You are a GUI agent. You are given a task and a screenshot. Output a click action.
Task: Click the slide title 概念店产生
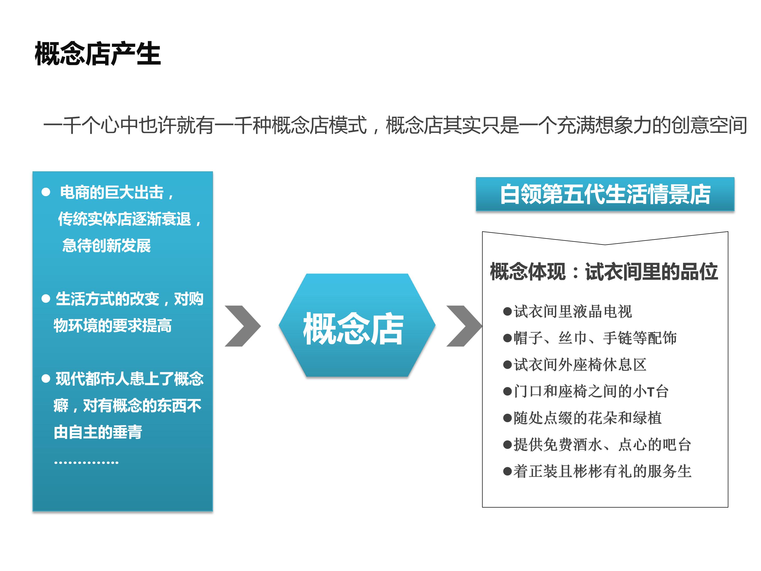(98, 54)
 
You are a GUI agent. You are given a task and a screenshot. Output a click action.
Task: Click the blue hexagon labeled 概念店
(357, 325)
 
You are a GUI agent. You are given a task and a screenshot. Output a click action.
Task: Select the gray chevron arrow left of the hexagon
(243, 326)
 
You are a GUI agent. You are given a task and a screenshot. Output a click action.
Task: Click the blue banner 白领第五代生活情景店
(605, 194)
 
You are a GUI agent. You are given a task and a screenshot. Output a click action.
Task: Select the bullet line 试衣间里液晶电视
(568, 311)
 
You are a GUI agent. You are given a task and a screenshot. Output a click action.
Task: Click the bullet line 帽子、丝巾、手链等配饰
(590, 338)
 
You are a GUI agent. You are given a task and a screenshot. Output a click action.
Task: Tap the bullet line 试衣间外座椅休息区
(575, 365)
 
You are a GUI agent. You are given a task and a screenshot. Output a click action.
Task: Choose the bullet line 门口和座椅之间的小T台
(586, 391)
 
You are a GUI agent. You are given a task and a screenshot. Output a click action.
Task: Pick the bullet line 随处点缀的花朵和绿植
(582, 418)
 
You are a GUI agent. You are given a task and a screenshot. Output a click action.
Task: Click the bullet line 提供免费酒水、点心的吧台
(597, 445)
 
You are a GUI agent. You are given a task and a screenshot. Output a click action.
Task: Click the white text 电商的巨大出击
(112, 192)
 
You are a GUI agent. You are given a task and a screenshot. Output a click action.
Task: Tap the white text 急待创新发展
(106, 246)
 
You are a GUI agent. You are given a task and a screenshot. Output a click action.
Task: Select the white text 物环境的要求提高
(113, 326)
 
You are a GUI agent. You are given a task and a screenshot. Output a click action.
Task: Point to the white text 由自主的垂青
(98, 432)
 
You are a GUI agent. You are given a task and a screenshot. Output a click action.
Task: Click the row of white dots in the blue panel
(86, 463)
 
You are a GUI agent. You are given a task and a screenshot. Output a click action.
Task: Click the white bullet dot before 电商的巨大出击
(46, 192)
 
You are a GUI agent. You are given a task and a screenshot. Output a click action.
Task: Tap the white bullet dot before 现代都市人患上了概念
(46, 379)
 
